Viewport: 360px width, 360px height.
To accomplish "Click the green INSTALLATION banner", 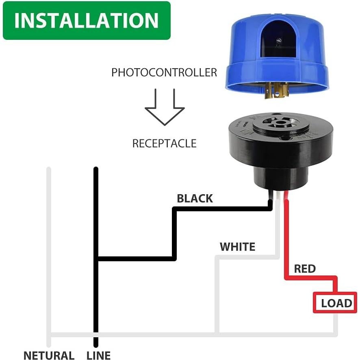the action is pyautogui.click(x=86, y=20).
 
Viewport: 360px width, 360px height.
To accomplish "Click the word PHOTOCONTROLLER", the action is pyautogui.click(x=164, y=73).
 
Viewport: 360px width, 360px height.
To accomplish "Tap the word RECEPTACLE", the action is pyautogui.click(x=164, y=143).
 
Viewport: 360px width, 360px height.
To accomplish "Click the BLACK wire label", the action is pyautogui.click(x=195, y=199).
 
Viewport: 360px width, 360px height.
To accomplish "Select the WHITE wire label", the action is pyautogui.click(x=237, y=247).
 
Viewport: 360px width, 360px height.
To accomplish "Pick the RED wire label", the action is pyautogui.click(x=305, y=269).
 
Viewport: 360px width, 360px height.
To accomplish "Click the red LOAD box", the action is pyautogui.click(x=335, y=303).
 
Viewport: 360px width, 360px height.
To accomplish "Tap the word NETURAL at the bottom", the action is pyautogui.click(x=49, y=356).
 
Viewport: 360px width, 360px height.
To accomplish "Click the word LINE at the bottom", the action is pyautogui.click(x=98, y=356).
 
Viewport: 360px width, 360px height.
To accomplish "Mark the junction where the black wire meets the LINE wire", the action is pyautogui.click(x=96, y=258).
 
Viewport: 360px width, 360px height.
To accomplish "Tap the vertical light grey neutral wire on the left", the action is pyautogui.click(x=49, y=244).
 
